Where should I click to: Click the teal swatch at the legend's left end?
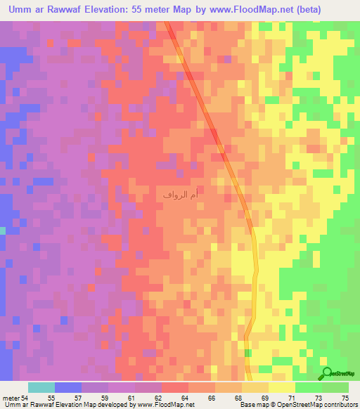(41, 387)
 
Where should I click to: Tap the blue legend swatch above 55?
(68, 387)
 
